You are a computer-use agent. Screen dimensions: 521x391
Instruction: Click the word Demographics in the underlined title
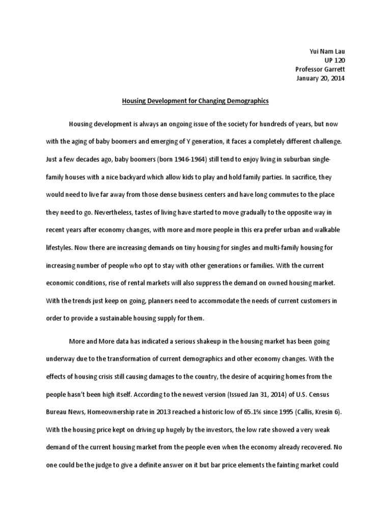tap(243, 101)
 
